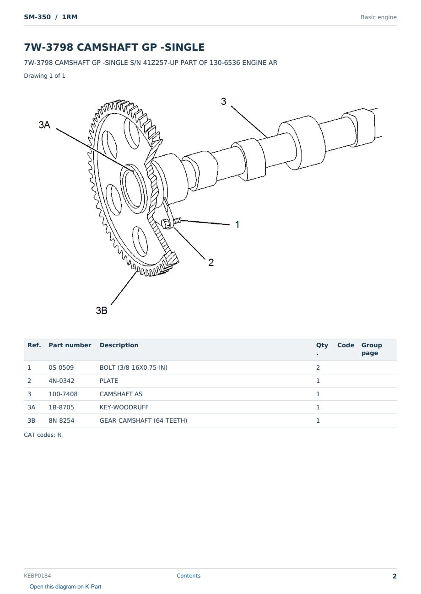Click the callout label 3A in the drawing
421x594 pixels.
pos(44,125)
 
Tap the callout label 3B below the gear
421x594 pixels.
pos(102,310)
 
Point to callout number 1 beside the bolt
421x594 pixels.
pos(237,224)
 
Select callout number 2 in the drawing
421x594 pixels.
pos(211,263)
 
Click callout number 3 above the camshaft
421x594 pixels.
pos(224,101)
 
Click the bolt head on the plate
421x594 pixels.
pos(166,224)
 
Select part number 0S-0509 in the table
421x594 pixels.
pos(61,367)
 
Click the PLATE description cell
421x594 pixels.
pos(108,381)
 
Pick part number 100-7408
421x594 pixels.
pos(63,394)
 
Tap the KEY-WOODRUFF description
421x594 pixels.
pos(124,407)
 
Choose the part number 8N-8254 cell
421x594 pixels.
pos(61,420)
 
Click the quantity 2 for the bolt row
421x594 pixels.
pos(318,367)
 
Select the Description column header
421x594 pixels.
pos(119,345)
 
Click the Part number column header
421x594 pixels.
pos(70,345)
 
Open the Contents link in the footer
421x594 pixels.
pos(189,576)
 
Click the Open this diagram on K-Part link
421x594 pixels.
pos(65,587)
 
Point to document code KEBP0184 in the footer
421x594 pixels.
pos(38,576)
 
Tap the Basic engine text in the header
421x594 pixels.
pos(378,17)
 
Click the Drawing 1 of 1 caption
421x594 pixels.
pos(45,76)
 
